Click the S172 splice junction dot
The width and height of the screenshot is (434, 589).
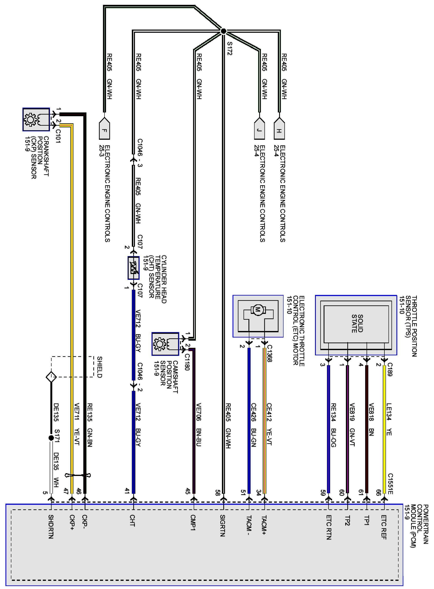tap(223, 31)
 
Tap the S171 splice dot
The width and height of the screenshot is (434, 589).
tap(51, 438)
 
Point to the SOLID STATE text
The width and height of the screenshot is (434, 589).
tap(357, 323)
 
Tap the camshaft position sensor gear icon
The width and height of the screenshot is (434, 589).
tap(159, 344)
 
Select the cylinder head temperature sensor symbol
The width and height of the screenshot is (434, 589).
tap(133, 268)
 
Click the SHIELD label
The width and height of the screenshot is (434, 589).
tap(99, 367)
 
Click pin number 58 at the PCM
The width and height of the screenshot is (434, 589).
tap(217, 493)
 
